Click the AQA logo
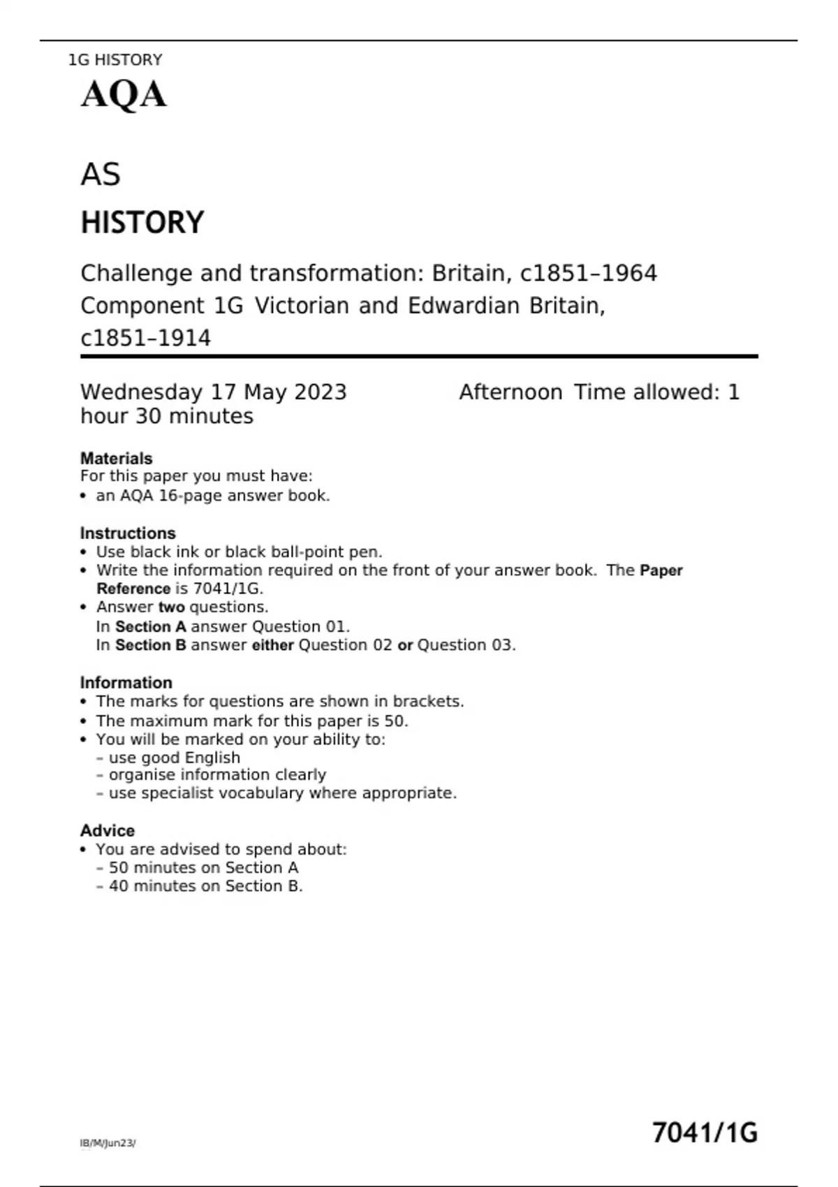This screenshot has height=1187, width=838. (124, 95)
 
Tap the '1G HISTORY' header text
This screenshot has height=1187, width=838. (115, 60)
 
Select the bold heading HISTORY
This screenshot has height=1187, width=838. (142, 223)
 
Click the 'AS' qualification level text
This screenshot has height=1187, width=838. (101, 175)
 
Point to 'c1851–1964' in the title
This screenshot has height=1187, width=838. (588, 273)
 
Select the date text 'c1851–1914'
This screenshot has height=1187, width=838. (145, 338)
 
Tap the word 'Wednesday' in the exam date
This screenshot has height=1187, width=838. (142, 392)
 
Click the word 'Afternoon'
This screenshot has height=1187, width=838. (510, 392)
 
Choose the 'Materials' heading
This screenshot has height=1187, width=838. (116, 459)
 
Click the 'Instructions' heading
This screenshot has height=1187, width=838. (128, 533)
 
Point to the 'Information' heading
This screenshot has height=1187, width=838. (126, 683)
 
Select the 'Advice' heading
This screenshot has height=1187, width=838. (108, 831)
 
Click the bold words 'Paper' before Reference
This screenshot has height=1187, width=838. (661, 570)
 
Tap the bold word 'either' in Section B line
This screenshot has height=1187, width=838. (272, 645)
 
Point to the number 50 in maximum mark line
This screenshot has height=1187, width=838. (394, 721)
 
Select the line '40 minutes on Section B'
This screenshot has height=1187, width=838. (205, 886)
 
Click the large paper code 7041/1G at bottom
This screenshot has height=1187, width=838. (704, 1133)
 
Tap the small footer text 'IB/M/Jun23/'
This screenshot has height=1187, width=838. (108, 1143)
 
